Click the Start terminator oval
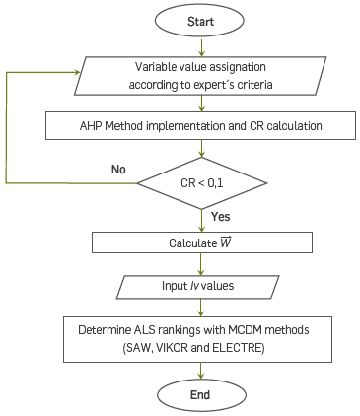pos(201,20)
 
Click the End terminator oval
pos(201,393)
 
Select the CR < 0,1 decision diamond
pos(201,182)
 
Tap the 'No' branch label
pos(118,170)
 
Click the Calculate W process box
pos(201,243)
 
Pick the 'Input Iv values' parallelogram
pos(201,287)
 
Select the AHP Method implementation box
pos(201,126)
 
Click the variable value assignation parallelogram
pos(201,77)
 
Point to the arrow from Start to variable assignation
pos(201,45)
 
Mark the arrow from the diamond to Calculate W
pos(201,219)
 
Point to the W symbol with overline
pos(225,242)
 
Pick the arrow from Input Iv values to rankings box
pos(201,308)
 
